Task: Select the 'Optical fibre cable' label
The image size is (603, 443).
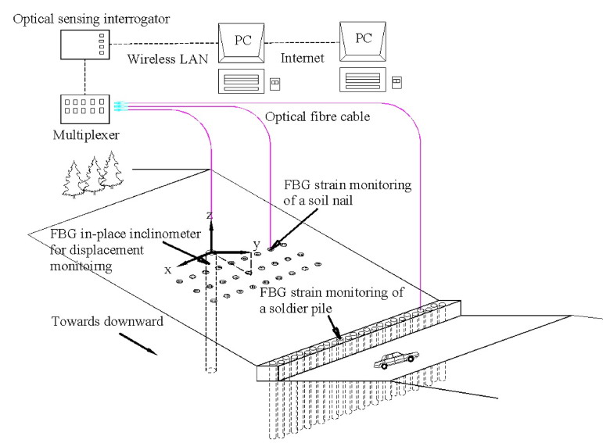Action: [316, 116]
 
